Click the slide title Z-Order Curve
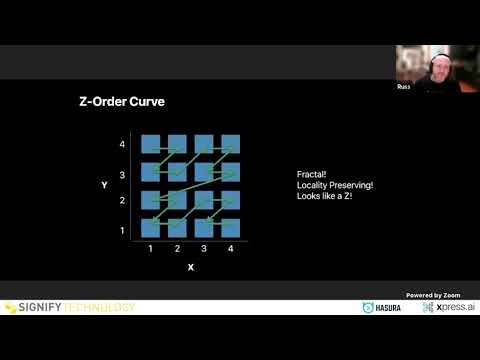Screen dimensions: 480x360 (x=122, y=102)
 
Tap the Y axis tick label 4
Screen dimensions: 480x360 (x=122, y=144)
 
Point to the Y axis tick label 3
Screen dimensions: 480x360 (x=122, y=175)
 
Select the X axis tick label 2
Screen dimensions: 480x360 (x=177, y=248)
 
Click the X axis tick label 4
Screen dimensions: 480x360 (x=231, y=248)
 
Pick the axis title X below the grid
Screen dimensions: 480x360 (x=191, y=267)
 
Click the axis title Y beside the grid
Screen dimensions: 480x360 (x=104, y=185)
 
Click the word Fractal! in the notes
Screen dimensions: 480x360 (x=312, y=174)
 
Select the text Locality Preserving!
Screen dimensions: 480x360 (x=335, y=185)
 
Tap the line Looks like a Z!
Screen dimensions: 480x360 (x=324, y=196)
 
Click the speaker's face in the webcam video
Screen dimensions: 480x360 (x=441, y=69)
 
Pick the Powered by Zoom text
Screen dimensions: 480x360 (x=433, y=295)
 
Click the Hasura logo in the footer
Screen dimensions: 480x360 (x=382, y=307)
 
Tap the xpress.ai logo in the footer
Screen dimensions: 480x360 (x=448, y=307)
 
